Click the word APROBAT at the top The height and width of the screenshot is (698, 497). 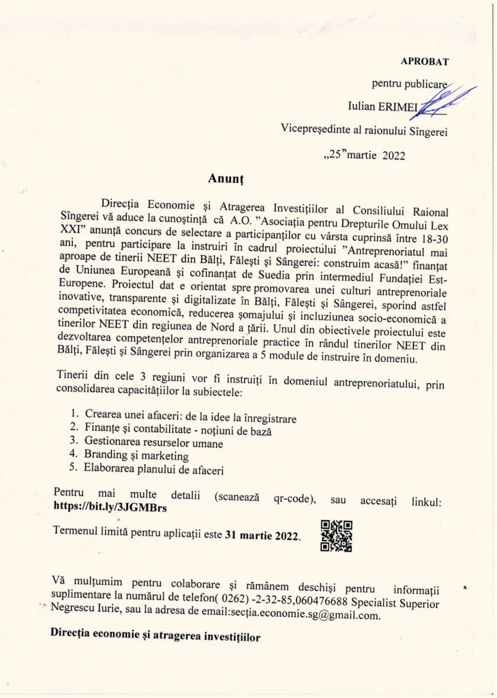pyautogui.click(x=425, y=61)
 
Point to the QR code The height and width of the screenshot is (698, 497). pyautogui.click(x=336, y=535)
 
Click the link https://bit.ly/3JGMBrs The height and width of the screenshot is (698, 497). pyautogui.click(x=110, y=506)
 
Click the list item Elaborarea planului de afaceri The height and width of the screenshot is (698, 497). pyautogui.click(x=154, y=470)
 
